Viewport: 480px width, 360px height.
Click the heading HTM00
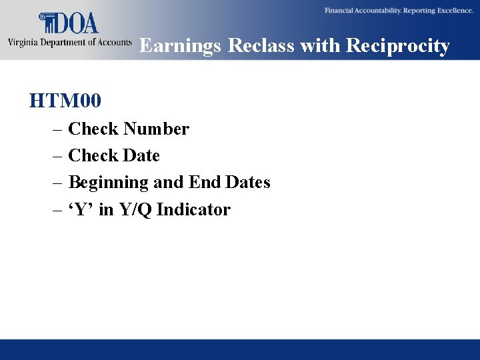tap(65, 101)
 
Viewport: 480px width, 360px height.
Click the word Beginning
tap(108, 182)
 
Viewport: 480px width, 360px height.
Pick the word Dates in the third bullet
tap(247, 182)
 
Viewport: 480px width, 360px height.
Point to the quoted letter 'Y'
tap(81, 209)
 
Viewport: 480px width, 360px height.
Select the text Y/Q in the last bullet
tap(135, 209)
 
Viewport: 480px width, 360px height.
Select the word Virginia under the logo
tap(23, 43)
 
